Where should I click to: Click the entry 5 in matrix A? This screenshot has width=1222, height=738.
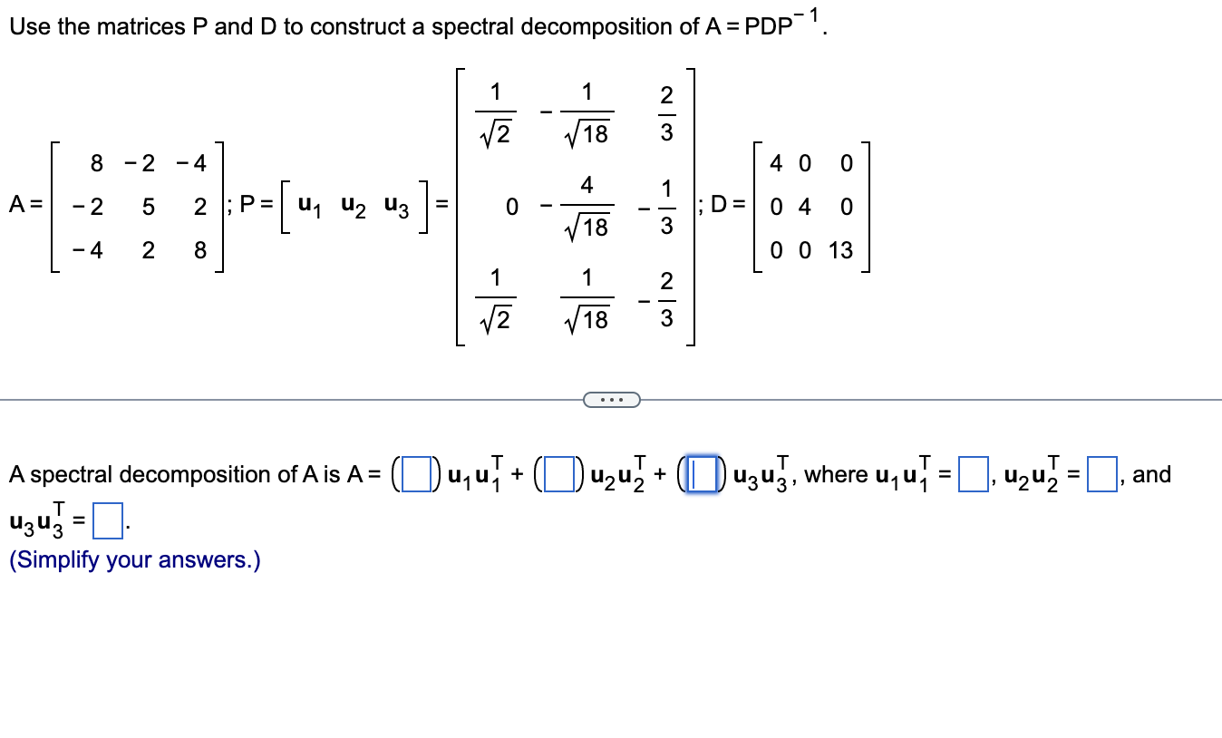click(x=147, y=207)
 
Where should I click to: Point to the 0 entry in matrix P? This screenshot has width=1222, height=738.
click(x=512, y=208)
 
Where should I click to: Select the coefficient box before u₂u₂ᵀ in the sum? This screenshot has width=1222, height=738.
click(x=556, y=474)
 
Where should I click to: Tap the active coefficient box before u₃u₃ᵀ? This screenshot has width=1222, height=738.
click(x=699, y=474)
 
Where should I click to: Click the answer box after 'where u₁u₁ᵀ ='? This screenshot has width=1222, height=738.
click(x=972, y=474)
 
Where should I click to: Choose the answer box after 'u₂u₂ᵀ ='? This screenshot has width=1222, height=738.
click(x=1101, y=474)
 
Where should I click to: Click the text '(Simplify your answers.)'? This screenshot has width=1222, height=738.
click(x=134, y=560)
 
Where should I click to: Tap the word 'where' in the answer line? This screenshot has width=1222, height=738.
click(x=834, y=474)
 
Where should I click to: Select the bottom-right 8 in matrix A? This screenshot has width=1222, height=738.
click(x=199, y=250)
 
